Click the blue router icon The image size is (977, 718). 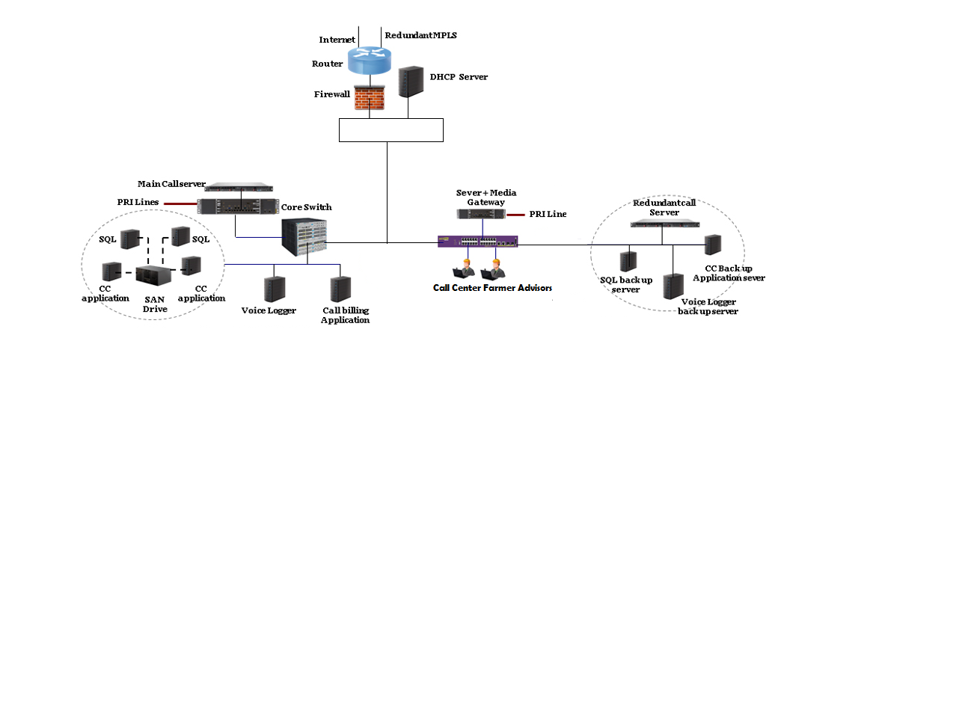pyautogui.click(x=369, y=60)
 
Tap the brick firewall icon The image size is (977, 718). pyautogui.click(x=370, y=97)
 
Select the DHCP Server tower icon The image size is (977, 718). pyautogui.click(x=411, y=82)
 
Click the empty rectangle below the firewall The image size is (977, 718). pyautogui.click(x=391, y=130)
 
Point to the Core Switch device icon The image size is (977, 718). pyautogui.click(x=304, y=237)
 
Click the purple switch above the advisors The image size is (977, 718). pyautogui.click(x=477, y=241)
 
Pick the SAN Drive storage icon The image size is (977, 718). pyautogui.click(x=153, y=274)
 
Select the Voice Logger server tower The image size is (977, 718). pyautogui.click(x=275, y=289)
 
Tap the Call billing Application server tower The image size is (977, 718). pyautogui.click(x=340, y=289)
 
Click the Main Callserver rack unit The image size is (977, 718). pyautogui.click(x=239, y=187)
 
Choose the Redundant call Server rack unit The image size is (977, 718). pyautogui.click(x=665, y=223)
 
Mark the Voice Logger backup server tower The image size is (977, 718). pyautogui.click(x=673, y=286)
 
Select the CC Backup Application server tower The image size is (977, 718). pyautogui.click(x=713, y=245)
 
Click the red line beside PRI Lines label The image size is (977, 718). pyautogui.click(x=180, y=203)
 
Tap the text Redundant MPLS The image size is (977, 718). pyautogui.click(x=420, y=35)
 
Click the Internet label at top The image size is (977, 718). pyautogui.click(x=337, y=40)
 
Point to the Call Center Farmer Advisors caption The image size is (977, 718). pyautogui.click(x=492, y=288)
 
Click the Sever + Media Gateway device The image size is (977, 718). pyautogui.click(x=481, y=214)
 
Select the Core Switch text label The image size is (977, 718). pyautogui.click(x=306, y=207)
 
